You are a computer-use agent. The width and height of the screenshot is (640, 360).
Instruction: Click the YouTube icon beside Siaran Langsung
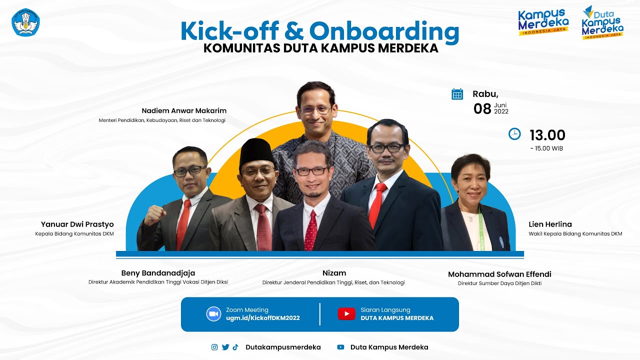coord(346,313)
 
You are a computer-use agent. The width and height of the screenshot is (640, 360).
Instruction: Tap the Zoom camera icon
coord(213,313)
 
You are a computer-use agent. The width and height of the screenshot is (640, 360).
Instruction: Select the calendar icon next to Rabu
coord(457,94)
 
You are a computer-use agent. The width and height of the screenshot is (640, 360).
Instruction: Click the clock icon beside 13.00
coord(514,134)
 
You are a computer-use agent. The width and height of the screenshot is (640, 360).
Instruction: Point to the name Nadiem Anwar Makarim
coord(184,110)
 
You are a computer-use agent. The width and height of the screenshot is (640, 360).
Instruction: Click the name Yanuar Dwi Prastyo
coord(77,224)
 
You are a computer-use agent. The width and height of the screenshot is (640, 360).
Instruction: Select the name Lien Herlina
coord(550,224)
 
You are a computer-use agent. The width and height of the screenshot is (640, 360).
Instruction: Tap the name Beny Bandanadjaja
coord(158,273)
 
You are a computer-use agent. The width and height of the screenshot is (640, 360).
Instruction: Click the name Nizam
coord(334,273)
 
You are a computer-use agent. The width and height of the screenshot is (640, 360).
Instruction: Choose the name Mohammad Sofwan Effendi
coord(499,274)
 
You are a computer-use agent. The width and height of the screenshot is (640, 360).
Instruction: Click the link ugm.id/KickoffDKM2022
coord(262,318)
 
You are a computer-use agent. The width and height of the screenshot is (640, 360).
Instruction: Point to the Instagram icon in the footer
coord(214,347)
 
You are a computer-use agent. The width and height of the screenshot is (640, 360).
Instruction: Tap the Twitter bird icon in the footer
coord(225,347)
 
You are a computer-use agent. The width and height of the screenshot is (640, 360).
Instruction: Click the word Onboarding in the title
coord(384,31)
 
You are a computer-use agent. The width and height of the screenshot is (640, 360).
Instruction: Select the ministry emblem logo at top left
coord(25,21)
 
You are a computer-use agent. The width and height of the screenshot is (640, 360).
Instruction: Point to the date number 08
coord(482,108)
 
